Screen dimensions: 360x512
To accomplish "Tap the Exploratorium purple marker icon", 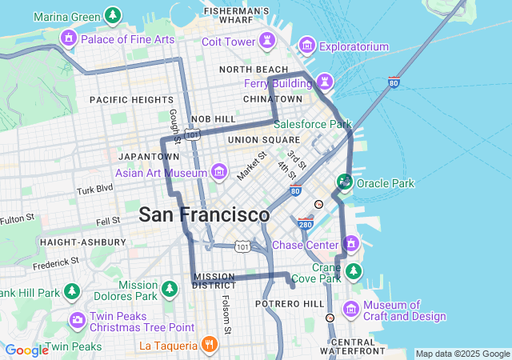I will click(x=306, y=46).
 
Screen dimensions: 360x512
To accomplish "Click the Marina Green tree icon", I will click(x=113, y=15).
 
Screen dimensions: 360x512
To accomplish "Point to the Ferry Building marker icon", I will click(x=325, y=81).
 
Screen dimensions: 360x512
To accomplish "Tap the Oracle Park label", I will click(x=386, y=183).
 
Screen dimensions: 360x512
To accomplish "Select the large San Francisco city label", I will click(x=204, y=214).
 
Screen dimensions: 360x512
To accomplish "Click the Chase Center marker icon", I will click(x=350, y=244).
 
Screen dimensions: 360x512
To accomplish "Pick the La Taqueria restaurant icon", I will click(x=209, y=346).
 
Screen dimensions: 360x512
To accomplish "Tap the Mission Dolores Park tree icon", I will click(x=169, y=288).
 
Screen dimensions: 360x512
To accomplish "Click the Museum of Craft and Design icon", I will click(x=350, y=309).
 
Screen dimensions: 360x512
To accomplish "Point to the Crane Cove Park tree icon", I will click(x=353, y=273).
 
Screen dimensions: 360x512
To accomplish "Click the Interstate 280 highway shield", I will click(x=306, y=222).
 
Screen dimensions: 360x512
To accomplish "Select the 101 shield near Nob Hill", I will click(x=192, y=134).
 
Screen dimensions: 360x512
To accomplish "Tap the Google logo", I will click(x=26, y=350).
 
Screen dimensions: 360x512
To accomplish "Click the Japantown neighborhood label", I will click(x=143, y=156).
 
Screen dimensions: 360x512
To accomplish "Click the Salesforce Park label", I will click(x=313, y=125).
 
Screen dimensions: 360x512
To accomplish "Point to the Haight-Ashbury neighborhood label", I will click(x=82, y=242).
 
